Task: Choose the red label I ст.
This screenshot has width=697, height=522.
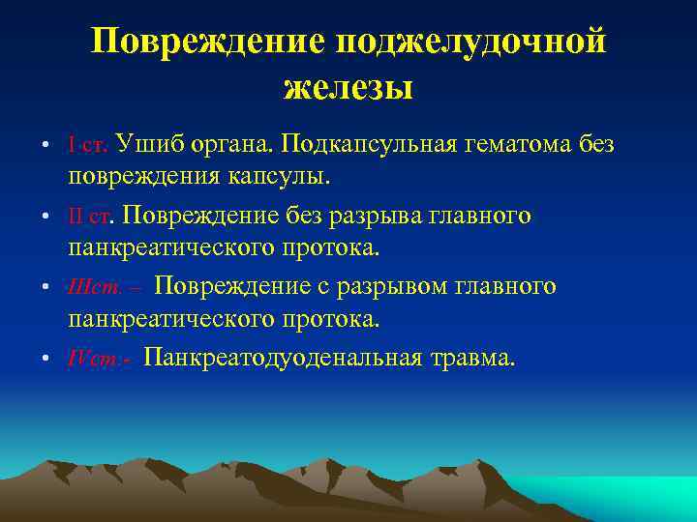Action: [90, 145]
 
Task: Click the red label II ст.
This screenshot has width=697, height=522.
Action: [93, 216]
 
